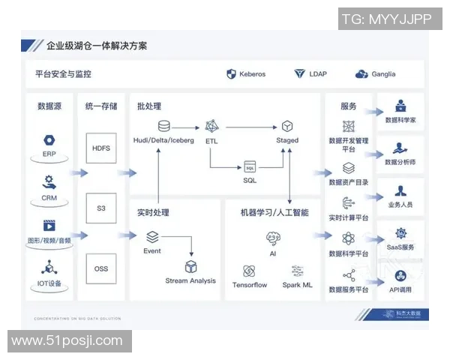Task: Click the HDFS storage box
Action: pos(100,148)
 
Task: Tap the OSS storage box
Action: pos(100,268)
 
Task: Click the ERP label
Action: pos(49,154)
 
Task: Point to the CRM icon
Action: pos(49,181)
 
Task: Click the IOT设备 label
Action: pos(49,283)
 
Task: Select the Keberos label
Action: pos(252,74)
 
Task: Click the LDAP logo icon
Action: pos(299,74)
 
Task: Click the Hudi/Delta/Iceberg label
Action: pos(163,140)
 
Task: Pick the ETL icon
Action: pos(211,126)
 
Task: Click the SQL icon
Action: pos(250,166)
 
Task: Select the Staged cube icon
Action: pos(287,126)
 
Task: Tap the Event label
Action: pos(152,250)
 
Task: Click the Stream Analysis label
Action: pos(190,280)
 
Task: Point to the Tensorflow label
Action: pos(250,285)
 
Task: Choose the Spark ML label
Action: pos(297,285)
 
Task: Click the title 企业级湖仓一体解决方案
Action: pos(97,46)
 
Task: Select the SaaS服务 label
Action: pos(400,247)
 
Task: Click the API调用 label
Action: pos(400,289)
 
